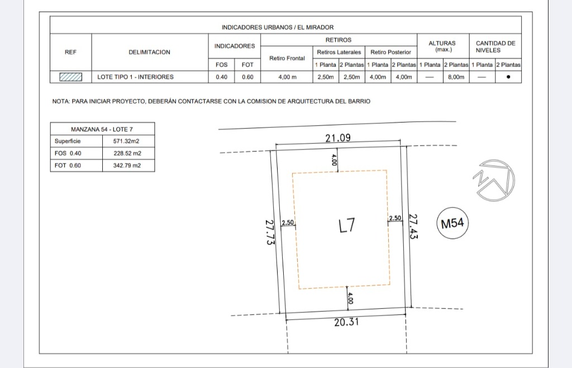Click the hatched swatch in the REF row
pyautogui.click(x=71, y=77)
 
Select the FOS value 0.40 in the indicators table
pyautogui.click(x=221, y=77)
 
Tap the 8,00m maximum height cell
pyautogui.click(x=456, y=77)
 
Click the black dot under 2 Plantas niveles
pyautogui.click(x=508, y=77)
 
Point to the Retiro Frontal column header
pyautogui.click(x=287, y=58)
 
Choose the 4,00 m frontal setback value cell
pyautogui.click(x=288, y=77)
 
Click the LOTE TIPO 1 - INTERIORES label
pyautogui.click(x=135, y=77)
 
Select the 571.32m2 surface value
pyautogui.click(x=126, y=141)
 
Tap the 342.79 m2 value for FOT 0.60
pyautogui.click(x=127, y=166)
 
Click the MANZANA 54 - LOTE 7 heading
pyautogui.click(x=102, y=129)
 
